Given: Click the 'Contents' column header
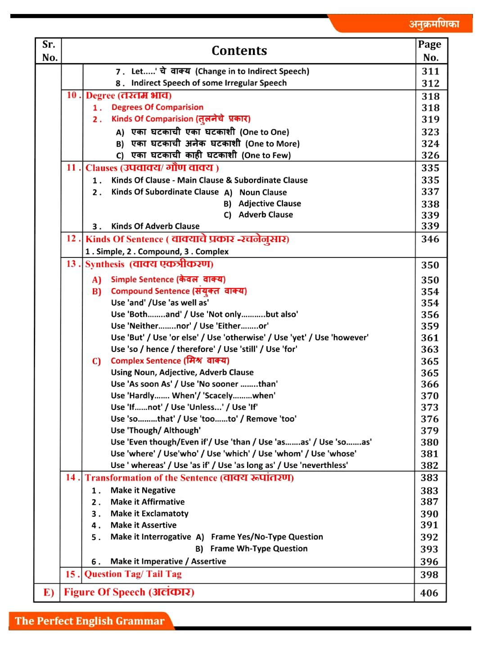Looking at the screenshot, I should coord(239,51).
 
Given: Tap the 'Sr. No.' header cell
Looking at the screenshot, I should coord(49,51).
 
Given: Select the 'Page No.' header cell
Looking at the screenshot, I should coord(430,51).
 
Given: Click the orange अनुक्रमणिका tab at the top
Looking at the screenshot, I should coord(434,24).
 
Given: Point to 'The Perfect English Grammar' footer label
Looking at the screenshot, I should coord(90,621).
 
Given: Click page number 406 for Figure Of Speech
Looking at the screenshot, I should coord(429,593).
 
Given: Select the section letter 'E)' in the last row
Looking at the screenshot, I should coord(48,593).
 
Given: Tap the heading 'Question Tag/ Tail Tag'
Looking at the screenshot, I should coord(133,574).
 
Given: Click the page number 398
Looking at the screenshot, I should coord(429,575).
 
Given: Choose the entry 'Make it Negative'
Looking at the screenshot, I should coord(143,490).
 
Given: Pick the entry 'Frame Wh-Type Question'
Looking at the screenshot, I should coord(259,549).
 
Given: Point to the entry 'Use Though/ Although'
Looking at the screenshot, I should coord(156,430).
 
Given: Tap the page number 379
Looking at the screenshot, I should coord(429,431).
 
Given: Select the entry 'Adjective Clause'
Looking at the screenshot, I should coord(270,203).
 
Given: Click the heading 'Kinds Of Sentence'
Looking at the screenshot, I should coord(124,239).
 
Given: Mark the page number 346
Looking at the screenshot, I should coord(430,239).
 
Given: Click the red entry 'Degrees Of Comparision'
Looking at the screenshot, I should coord(157,107).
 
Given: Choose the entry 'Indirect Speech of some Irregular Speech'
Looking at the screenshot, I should coord(209,83).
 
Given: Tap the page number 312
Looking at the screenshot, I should coord(430,83).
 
